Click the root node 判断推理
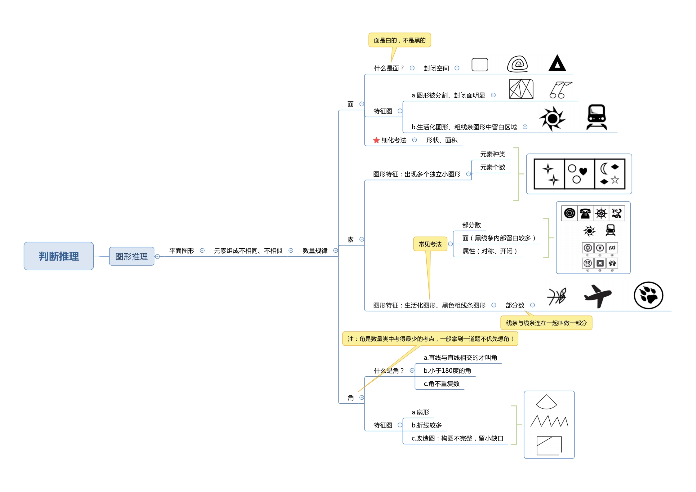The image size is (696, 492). coord(59,256)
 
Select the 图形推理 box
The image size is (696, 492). coord(131,256)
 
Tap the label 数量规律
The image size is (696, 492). coord(315,250)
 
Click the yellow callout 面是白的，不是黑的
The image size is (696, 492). coord(400,40)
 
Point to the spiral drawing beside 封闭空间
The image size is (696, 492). coord(517,64)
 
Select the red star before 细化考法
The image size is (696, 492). coord(376,140)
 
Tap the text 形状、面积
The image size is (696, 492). coord(442,140)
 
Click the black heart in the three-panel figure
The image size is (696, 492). coord(583,171)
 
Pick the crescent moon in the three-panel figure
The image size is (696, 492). coord(603,169)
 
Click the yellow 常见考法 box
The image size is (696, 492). coord(430,244)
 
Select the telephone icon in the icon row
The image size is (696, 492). coord(585,213)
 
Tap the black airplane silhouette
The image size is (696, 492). coord(597,296)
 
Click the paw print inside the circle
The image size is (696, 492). coord(648,295)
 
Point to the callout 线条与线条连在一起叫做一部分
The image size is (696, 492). coord(546,323)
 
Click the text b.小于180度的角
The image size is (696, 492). coord(447,370)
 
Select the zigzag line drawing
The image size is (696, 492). coord(549,421)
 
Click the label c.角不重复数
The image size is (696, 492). coord(441,383)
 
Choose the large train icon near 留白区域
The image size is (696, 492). coord(596,117)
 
